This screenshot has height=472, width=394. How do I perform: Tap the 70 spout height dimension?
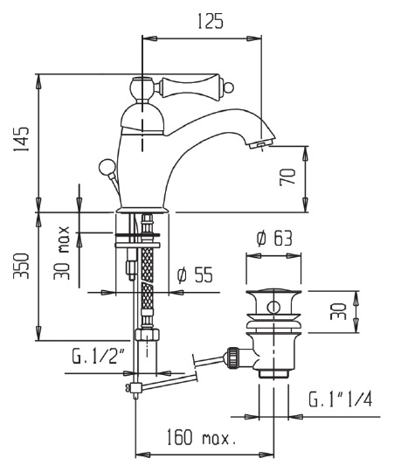[x=287, y=177]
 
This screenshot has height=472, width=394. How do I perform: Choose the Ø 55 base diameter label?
[x=194, y=274]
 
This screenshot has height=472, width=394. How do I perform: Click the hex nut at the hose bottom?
[x=144, y=334]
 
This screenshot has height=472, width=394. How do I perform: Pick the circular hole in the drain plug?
[x=274, y=306]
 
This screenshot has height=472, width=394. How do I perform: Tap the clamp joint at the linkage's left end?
[x=133, y=388]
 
